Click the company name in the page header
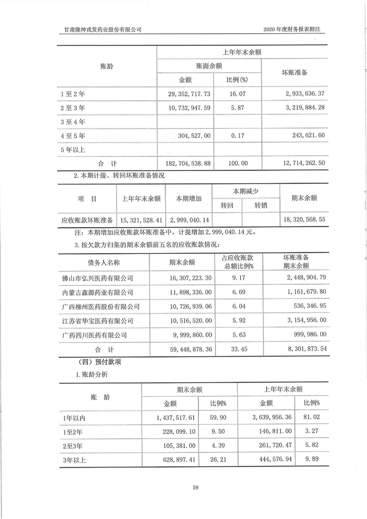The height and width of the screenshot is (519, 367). [x=103, y=30]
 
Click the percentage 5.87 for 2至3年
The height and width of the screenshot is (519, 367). [x=237, y=108]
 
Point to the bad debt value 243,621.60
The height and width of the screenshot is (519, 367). [x=306, y=136]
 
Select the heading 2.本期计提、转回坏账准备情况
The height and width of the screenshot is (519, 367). [x=119, y=176]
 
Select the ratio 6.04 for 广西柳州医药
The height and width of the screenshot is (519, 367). [x=236, y=307]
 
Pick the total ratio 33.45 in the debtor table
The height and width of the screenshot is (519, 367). [x=236, y=350]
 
